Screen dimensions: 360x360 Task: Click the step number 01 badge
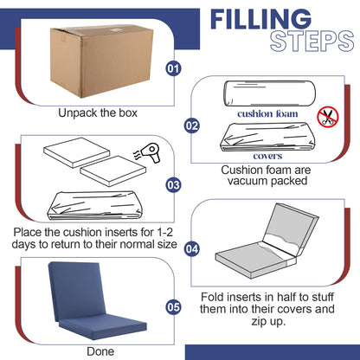click(x=173, y=68)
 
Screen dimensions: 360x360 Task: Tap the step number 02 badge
click(x=192, y=125)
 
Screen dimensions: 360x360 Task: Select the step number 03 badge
click(x=173, y=185)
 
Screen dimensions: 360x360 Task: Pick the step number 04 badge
click(x=192, y=249)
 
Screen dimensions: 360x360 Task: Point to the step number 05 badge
click(x=173, y=307)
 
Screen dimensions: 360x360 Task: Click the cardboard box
click(x=101, y=61)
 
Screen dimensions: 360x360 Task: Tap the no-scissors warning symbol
click(x=328, y=117)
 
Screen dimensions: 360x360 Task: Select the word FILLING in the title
click(x=260, y=19)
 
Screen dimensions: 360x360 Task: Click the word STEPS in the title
click(x=312, y=42)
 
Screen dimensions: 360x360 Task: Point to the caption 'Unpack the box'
click(x=98, y=113)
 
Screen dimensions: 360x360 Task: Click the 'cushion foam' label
click(x=267, y=113)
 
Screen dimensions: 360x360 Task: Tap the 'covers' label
click(x=267, y=156)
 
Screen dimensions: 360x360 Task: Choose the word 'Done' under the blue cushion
click(x=100, y=351)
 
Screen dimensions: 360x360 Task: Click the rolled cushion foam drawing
click(x=270, y=93)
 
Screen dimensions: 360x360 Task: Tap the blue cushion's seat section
click(x=103, y=326)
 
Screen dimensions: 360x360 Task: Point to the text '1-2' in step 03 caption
click(x=164, y=232)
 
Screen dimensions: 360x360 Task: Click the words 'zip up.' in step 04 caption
click(x=268, y=321)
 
